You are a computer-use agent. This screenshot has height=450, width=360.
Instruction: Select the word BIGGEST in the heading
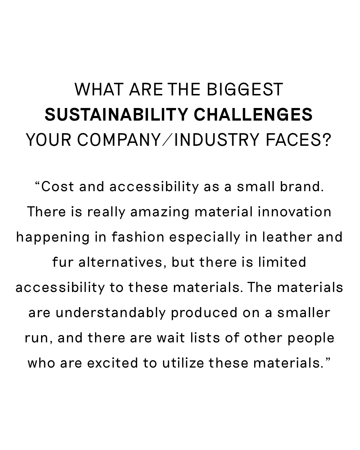[245, 90]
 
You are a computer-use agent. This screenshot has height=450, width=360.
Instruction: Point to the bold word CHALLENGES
[253, 114]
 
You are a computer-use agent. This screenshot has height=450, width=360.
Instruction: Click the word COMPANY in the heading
[119, 140]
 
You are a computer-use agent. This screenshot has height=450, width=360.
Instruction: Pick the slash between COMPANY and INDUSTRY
[167, 140]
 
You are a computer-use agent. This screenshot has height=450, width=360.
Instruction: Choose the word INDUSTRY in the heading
[217, 140]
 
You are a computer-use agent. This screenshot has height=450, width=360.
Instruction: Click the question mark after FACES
[327, 140]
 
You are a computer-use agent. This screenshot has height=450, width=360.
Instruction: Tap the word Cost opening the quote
[58, 186]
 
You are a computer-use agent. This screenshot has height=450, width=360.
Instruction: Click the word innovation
[294, 212]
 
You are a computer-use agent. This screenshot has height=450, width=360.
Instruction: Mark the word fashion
[138, 237]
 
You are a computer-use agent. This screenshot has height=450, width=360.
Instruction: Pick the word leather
[287, 237]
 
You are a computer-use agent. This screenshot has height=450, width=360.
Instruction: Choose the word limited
[282, 262]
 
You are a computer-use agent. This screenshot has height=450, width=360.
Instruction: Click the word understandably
[111, 313]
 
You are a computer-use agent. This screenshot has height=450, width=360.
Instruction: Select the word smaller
[304, 312]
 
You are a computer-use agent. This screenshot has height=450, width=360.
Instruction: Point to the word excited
[113, 363]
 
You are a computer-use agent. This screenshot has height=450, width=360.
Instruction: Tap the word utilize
[183, 363]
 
